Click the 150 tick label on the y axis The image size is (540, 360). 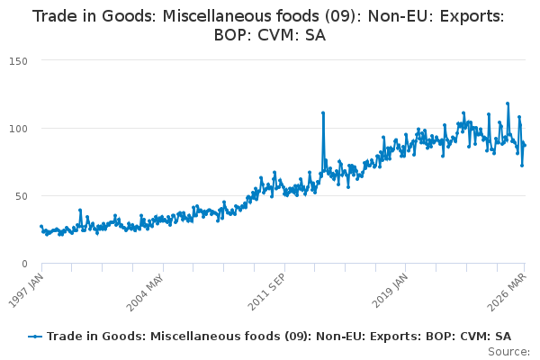pos(18,61)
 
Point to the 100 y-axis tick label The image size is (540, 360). pos(18,129)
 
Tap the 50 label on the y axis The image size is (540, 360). pos(22,196)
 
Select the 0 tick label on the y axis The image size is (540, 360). pos(24,264)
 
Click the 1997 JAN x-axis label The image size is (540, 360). pos(26,291)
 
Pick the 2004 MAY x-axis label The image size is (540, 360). pos(145,292)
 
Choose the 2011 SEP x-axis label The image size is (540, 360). pos(266,292)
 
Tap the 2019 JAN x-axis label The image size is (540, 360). pos(390,291)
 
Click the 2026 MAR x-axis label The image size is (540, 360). pos(507,292)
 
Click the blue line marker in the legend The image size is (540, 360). pos(35,337)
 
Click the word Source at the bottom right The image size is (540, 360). pos(508,352)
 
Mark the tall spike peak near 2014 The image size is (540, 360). pos(323,112)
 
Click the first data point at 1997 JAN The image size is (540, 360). pos(41,226)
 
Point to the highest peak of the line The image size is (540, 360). pos(508,103)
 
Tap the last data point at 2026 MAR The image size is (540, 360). pos(525,146)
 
